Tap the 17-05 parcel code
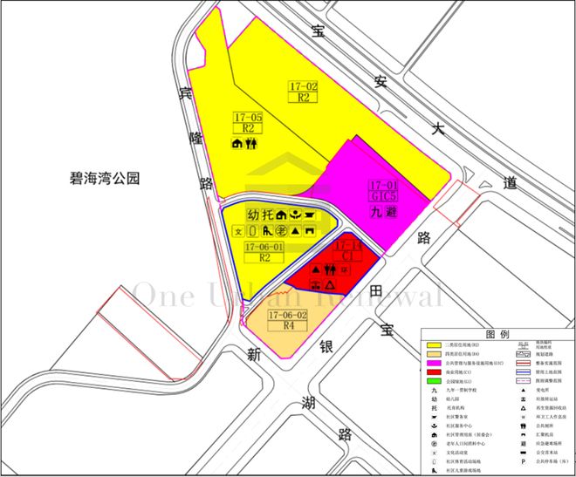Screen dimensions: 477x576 [x=248, y=117]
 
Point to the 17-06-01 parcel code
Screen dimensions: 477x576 [x=265, y=247]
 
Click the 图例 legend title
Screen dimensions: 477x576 [x=497, y=334]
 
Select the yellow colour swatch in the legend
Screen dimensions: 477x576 [x=433, y=347]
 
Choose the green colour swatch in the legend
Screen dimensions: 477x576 [x=433, y=381]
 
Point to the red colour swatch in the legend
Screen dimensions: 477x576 [x=433, y=372]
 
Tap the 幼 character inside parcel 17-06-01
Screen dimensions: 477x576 [x=253, y=215]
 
